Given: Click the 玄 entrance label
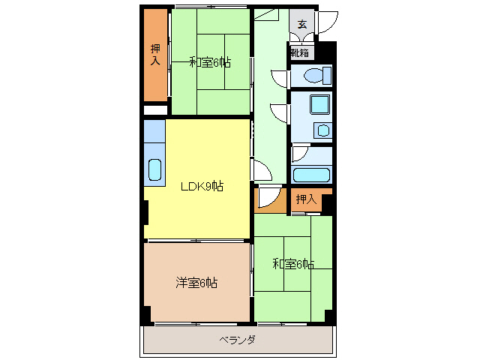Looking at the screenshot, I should coord(301,25).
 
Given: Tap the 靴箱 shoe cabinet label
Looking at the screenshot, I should coord(301,53).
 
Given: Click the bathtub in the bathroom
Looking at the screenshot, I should coord(311,175).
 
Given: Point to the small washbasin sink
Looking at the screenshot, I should coord(323,131).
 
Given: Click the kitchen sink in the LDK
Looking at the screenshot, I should coord(154,170).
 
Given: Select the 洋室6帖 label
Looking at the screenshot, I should coord(196,283).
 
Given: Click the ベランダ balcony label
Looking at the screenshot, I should coord(237,340).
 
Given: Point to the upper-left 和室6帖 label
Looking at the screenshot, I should coord(209,62).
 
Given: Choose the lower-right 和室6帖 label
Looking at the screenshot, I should coord(292,264).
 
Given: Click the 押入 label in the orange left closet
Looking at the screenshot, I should coord(155,54).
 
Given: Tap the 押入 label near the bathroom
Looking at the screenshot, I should coord(305,199).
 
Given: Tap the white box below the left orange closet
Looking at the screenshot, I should coord(155,110).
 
